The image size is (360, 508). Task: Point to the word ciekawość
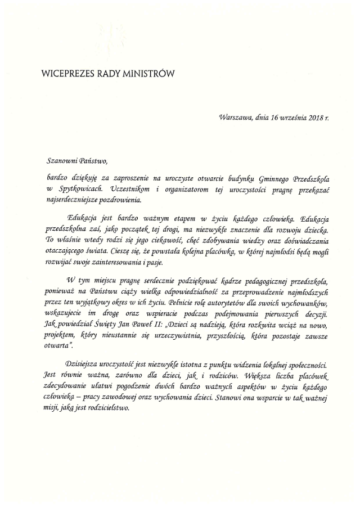click(179, 241)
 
